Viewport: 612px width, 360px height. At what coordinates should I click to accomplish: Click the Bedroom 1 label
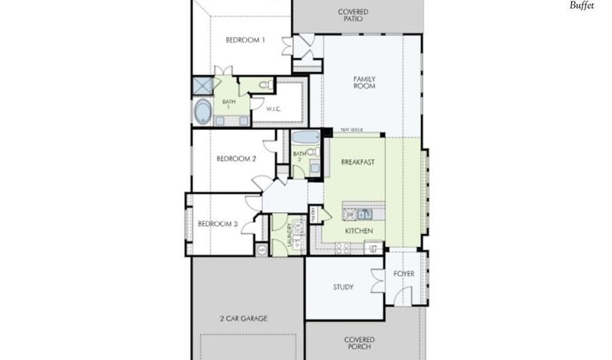245,40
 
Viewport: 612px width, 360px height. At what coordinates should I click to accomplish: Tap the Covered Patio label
353,15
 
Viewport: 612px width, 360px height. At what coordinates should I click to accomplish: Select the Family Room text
364,83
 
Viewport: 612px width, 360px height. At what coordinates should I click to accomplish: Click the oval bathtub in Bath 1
203,112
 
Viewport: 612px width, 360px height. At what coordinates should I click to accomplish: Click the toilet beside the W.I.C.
266,86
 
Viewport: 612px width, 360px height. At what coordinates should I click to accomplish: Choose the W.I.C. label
274,109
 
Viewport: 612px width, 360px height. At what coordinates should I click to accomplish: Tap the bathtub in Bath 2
306,137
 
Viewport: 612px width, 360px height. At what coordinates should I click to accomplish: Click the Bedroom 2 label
236,159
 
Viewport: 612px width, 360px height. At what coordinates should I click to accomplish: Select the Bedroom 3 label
218,224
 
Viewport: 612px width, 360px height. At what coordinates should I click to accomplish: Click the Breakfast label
358,162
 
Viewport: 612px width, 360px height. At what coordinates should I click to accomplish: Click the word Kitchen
358,231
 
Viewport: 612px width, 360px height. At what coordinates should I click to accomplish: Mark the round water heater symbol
262,250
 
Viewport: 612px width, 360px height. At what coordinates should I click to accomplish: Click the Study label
343,287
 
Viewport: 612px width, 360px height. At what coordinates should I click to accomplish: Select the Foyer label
404,274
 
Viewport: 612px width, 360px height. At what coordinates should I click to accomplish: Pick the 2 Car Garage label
243,318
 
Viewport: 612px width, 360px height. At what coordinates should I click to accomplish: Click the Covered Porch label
359,343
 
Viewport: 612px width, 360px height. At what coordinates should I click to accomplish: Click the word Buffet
581,5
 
